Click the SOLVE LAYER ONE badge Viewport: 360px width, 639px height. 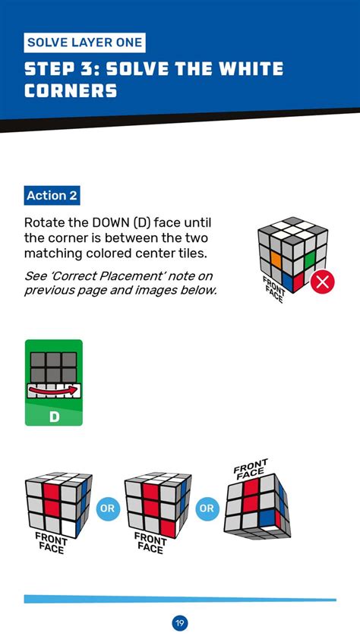click(x=84, y=42)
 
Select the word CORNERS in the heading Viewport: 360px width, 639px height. click(x=71, y=92)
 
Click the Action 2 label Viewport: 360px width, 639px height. click(x=52, y=196)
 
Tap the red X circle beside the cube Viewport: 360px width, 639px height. click(x=323, y=282)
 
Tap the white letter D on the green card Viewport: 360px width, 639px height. click(x=54, y=417)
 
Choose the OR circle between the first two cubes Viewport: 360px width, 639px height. click(x=109, y=508)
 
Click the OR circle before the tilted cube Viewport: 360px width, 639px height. click(x=206, y=508)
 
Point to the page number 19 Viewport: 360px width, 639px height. click(x=180, y=623)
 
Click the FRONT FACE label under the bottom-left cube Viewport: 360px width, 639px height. click(x=52, y=543)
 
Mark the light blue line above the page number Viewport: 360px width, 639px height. click(x=180, y=599)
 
